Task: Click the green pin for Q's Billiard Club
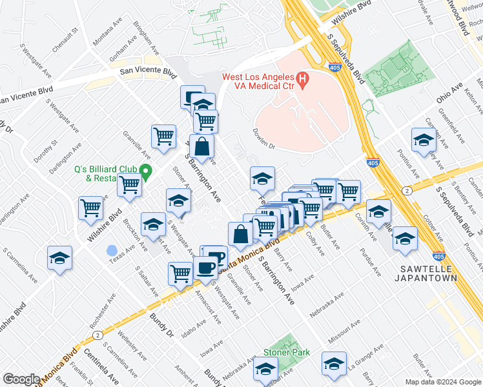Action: (147, 171)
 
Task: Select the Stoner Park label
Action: (286, 353)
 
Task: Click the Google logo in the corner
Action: (21, 379)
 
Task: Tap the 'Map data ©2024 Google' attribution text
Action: (442, 382)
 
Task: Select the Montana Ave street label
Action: (107, 32)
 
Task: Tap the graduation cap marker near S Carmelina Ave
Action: (60, 259)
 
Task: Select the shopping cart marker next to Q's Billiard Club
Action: (130, 184)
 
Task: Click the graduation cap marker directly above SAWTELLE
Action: (405, 238)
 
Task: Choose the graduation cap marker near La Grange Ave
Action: (334, 364)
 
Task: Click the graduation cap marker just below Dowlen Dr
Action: (262, 179)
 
